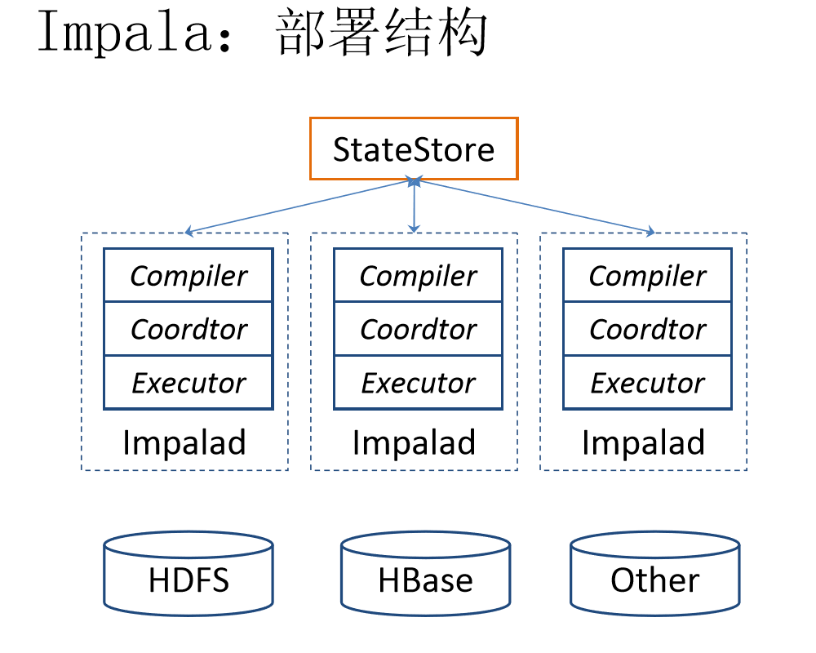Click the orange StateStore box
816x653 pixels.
point(414,149)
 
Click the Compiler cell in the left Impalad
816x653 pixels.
point(188,276)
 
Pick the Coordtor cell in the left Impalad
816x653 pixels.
point(188,329)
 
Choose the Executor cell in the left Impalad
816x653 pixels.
point(188,383)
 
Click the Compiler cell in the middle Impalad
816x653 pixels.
point(419,276)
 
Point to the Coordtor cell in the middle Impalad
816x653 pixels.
point(419,329)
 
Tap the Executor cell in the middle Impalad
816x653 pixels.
point(419,383)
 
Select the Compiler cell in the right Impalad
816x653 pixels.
point(648,276)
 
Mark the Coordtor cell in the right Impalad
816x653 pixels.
point(648,329)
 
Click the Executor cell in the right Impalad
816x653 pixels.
point(648,383)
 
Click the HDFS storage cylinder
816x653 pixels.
point(188,575)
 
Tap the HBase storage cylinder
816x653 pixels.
point(425,575)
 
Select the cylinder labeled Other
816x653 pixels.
point(654,575)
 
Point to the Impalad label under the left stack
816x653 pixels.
point(184,443)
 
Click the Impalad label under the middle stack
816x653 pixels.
point(414,443)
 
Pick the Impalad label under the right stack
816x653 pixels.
point(643,443)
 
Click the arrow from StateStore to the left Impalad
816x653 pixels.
point(299,207)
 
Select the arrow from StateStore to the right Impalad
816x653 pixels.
point(534,207)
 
